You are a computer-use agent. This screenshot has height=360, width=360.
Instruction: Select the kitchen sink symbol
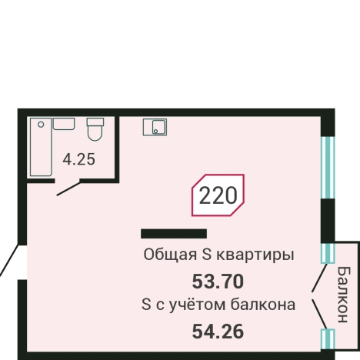coord(155,126)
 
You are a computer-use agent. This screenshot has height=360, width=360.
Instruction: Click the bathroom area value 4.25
coord(78,160)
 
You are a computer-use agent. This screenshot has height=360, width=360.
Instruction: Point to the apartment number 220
coord(218,195)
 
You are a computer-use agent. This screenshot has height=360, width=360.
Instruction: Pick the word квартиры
coord(258,255)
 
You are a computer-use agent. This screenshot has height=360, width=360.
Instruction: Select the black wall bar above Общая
coord(174,233)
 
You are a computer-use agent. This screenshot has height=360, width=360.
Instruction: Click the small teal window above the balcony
coord(328,253)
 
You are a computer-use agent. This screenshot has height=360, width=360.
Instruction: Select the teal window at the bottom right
coord(328,339)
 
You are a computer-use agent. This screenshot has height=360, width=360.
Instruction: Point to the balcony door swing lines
coord(316,297)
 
